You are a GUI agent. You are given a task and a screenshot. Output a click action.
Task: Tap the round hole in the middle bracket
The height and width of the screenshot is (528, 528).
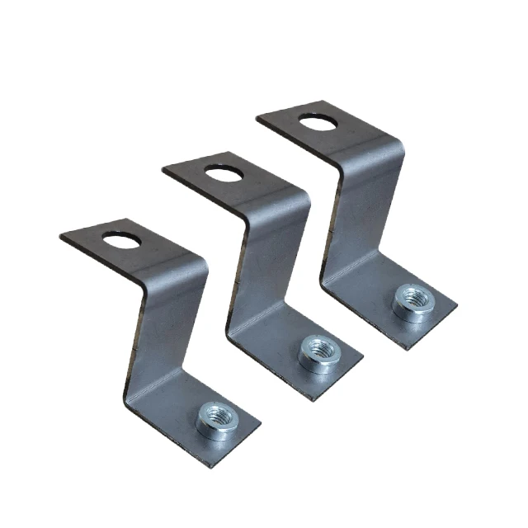tap(222, 173)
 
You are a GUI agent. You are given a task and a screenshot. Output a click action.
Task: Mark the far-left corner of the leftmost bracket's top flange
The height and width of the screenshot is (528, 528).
tap(62, 238)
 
